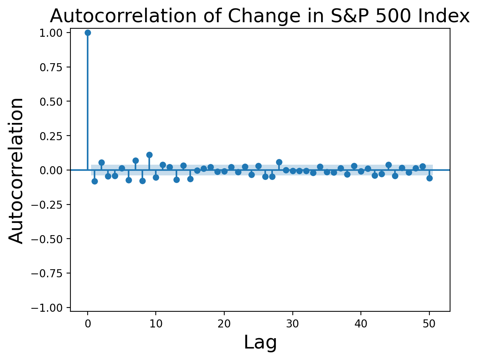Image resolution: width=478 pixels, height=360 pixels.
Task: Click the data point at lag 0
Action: point(88,33)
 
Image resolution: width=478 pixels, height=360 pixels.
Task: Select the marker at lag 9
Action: point(149,155)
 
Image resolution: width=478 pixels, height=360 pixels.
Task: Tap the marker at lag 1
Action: point(95,181)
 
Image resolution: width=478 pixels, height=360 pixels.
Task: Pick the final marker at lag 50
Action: point(429,178)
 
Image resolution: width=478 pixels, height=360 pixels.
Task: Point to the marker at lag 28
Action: point(279,162)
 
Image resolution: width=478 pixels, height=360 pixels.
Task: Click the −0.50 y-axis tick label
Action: point(51,239)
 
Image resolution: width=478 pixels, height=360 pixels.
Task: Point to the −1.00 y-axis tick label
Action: point(51,308)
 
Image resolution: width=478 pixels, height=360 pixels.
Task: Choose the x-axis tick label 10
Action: point(156,324)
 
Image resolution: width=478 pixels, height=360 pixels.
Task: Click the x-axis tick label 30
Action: point(293,324)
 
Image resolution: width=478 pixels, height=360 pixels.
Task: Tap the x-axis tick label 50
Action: point(429,324)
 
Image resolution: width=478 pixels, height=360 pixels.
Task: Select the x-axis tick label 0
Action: point(88,324)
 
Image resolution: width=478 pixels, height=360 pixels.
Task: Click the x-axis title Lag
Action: point(260,342)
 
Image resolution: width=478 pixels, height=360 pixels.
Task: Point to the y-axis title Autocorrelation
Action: point(17,170)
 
